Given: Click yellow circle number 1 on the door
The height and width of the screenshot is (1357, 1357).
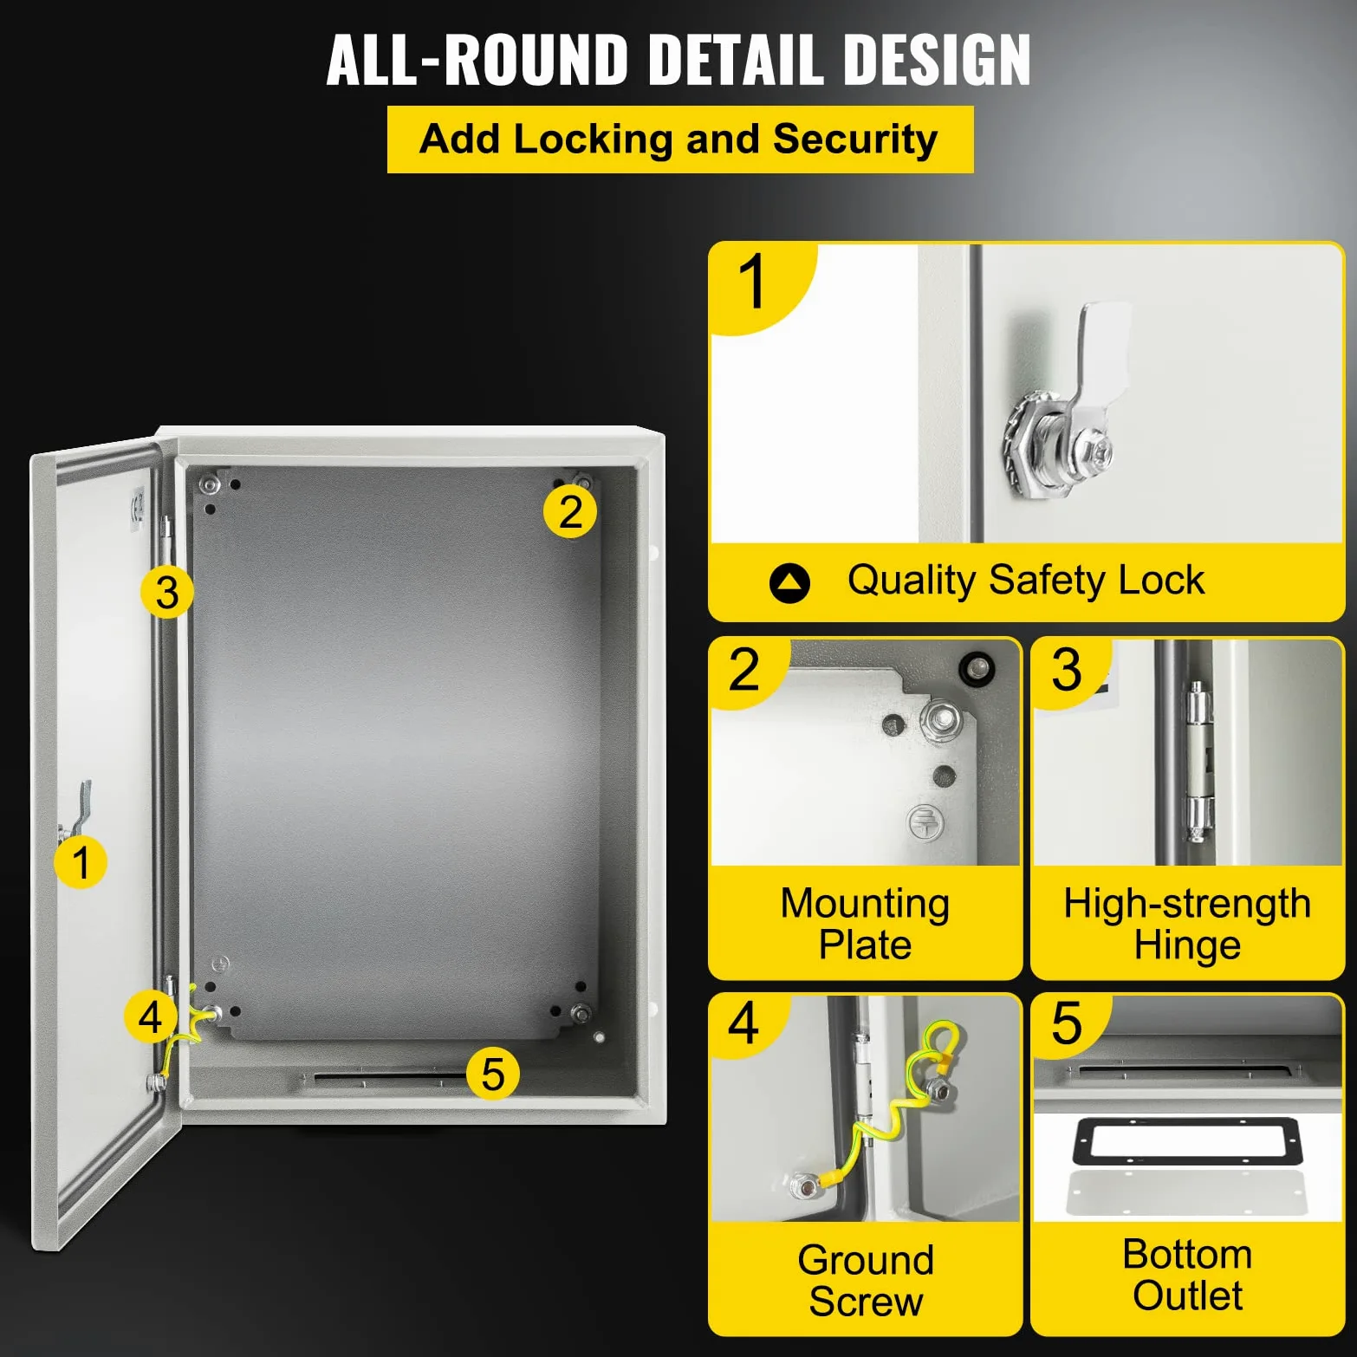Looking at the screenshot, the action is pos(81,862).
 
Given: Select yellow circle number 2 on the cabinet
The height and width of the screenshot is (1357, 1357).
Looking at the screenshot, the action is pos(570,511).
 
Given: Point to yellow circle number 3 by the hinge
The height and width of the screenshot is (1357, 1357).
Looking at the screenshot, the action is pos(167,593).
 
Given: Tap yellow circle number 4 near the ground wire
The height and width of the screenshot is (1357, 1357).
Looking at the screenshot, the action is pos(151,1016).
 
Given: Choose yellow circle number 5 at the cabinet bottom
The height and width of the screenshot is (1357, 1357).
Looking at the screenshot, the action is pos(493,1074).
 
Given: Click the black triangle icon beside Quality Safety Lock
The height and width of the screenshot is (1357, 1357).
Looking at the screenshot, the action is pos(789,583).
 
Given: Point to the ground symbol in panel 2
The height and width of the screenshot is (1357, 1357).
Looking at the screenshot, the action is pos(925,821).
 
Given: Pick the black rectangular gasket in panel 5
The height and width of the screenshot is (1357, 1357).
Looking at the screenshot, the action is pos(1187,1141).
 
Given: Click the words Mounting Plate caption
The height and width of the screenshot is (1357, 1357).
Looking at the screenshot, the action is pos(865,924).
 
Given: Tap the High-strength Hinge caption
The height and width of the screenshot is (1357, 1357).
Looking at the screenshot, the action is pos(1187,924).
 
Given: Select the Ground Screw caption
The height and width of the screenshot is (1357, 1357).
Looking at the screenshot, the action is pos(866,1280).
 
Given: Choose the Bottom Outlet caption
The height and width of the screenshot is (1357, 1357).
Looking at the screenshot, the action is pos(1187,1275).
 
